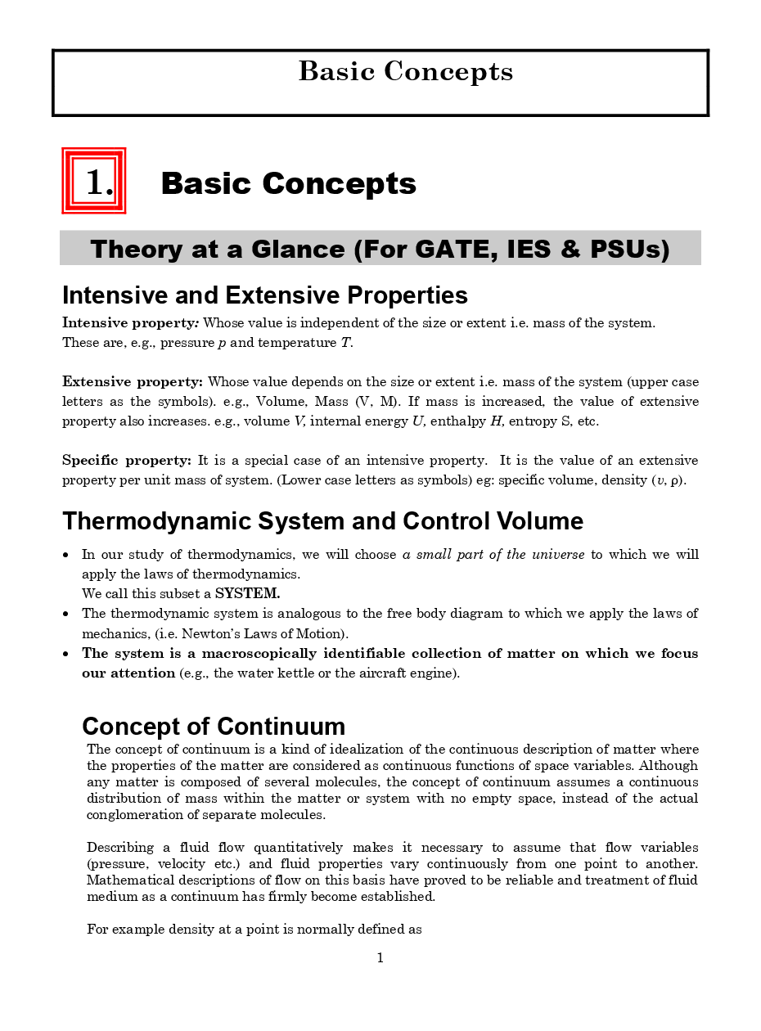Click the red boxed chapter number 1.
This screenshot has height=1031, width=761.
tap(94, 181)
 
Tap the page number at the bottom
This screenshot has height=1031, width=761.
tap(380, 958)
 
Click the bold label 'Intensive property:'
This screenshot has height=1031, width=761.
tap(131, 322)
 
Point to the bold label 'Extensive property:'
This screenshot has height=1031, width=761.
tap(133, 381)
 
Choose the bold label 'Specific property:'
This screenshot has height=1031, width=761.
tap(127, 460)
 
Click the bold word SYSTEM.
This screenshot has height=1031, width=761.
tap(247, 593)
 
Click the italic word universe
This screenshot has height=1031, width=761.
tap(558, 555)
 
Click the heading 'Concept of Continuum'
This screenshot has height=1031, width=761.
tap(214, 726)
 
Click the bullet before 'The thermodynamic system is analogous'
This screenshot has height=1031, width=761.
tap(66, 614)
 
